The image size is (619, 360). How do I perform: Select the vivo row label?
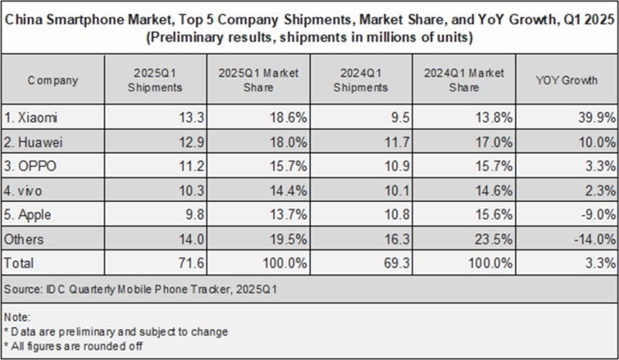click(28, 190)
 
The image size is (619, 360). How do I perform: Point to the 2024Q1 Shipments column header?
click(360, 80)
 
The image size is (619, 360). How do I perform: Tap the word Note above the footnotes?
click(17, 317)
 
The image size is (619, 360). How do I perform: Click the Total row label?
click(19, 264)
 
